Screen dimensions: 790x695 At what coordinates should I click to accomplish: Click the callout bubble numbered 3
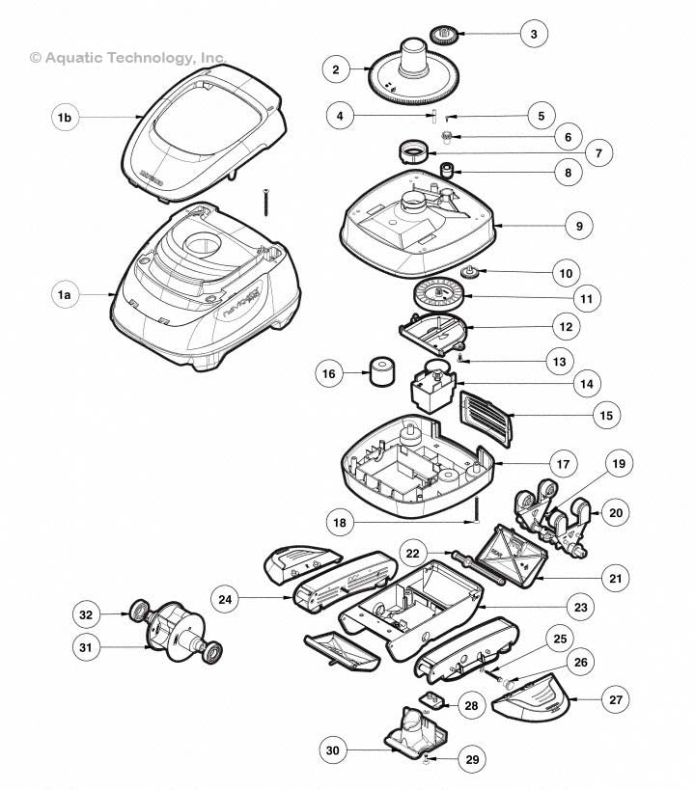532,35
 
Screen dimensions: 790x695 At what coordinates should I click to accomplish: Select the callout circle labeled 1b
65,118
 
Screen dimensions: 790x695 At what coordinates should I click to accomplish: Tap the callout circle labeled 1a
65,296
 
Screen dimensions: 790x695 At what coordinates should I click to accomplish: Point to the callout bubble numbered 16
330,372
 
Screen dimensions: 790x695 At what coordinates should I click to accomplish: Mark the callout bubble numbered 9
579,226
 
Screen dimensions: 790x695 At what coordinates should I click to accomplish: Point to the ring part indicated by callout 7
416,151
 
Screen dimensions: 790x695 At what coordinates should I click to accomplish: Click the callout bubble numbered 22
413,553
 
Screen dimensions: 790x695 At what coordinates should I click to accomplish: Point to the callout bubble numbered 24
225,600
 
